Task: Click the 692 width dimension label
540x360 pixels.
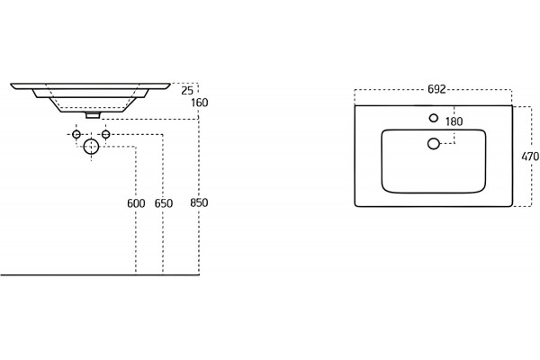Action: click(x=436, y=89)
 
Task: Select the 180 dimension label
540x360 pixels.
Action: click(x=454, y=121)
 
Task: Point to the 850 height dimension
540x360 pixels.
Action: click(x=199, y=202)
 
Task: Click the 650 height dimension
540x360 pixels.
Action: click(x=163, y=203)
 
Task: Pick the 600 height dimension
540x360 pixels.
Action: click(x=136, y=203)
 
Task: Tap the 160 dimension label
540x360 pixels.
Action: click(x=200, y=103)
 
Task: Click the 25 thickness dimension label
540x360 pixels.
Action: click(x=187, y=91)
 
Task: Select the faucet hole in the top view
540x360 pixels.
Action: click(x=434, y=118)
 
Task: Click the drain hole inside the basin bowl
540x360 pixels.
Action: click(x=434, y=143)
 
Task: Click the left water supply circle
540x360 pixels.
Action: click(x=76, y=134)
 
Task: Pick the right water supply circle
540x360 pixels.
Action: click(x=105, y=134)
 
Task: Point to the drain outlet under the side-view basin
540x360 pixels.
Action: click(x=93, y=115)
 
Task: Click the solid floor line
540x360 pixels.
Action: click(x=100, y=274)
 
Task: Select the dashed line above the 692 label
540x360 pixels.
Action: click(x=434, y=90)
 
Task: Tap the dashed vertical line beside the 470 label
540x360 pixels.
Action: click(x=531, y=157)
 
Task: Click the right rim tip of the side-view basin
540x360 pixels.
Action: click(x=170, y=84)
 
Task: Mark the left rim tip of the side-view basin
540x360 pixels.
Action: click(x=11, y=84)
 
